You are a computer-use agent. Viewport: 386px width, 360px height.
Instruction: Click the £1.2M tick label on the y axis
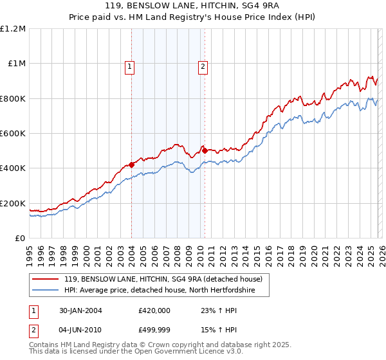pyautogui.click(x=13, y=29)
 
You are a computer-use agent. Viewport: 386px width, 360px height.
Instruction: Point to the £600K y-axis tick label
pyautogui.click(x=13, y=134)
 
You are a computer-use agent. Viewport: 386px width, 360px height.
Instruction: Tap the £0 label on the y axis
pyautogui.click(x=21, y=239)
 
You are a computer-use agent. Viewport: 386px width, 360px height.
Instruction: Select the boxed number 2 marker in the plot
pyautogui.click(x=203, y=65)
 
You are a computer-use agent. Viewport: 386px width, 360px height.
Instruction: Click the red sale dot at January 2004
pyautogui.click(x=131, y=165)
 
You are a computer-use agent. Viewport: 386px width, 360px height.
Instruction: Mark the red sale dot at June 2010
pyautogui.click(x=204, y=150)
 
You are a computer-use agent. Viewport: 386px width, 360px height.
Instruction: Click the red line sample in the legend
pyautogui.click(x=46, y=280)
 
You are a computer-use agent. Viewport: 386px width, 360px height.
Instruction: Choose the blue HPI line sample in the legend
pyautogui.click(x=46, y=291)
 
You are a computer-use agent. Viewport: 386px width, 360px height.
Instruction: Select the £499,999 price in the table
pyautogui.click(x=154, y=331)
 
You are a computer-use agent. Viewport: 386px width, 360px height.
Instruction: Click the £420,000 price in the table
pyautogui.click(x=154, y=310)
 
